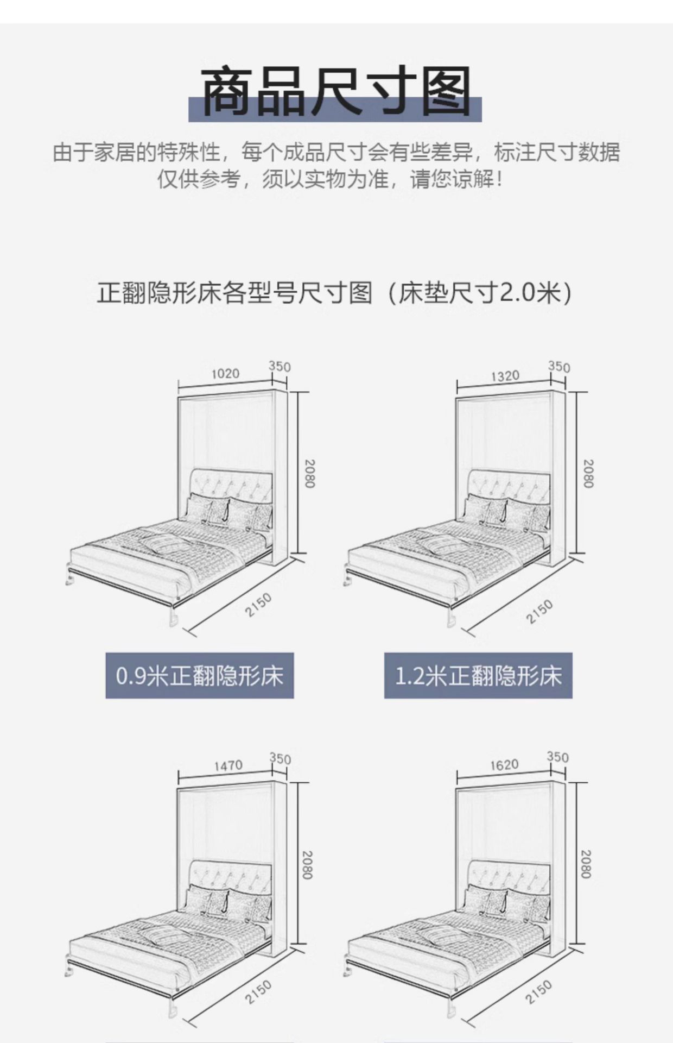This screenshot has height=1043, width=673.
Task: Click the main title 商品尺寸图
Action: click(x=335, y=91)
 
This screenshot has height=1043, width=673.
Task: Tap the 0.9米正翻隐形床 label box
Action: click(x=199, y=676)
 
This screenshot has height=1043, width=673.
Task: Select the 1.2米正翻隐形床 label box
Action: click(x=478, y=676)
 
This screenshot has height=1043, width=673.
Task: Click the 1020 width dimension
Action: click(x=225, y=374)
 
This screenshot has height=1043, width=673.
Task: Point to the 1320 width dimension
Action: click(x=505, y=375)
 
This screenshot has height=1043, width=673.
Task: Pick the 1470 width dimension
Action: click(x=228, y=765)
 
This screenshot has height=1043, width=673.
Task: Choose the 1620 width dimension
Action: click(x=505, y=764)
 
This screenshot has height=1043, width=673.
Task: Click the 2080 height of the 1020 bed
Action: click(x=309, y=474)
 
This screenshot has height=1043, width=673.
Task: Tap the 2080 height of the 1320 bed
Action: click(x=588, y=474)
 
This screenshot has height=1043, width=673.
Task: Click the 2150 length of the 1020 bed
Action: click(x=258, y=605)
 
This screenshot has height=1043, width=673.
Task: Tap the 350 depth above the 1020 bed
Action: click(x=280, y=366)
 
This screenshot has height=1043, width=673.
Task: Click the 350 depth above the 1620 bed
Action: click(x=558, y=757)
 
